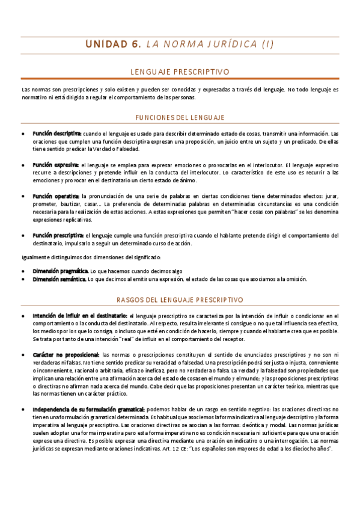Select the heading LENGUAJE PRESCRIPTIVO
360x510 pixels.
pos(180,72)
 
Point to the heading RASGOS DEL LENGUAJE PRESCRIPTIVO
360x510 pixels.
pos(180,299)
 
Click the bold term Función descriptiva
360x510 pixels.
pos(57,133)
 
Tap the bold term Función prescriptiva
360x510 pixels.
pos(58,235)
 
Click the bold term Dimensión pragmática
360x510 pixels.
pos(61,271)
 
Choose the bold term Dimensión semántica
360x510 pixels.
pos(59,279)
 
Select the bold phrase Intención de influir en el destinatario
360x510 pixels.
pos(79,316)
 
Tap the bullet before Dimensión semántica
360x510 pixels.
pos(22,279)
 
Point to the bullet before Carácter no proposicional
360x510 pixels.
pos(22,355)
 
